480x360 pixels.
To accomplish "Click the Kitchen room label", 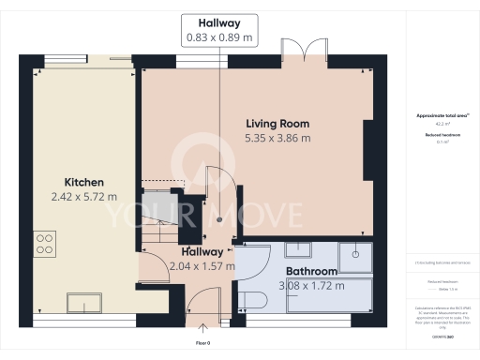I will click(x=82, y=182).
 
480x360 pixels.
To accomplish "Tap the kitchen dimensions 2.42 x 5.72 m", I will click(x=82, y=197).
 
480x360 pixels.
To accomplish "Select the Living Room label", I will click(x=277, y=124).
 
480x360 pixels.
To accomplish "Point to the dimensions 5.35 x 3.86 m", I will click(x=277, y=139).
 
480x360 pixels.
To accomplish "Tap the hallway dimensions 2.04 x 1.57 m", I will click(x=197, y=266).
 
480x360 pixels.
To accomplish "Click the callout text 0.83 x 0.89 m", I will click(x=219, y=37).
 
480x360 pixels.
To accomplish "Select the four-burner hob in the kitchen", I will click(x=44, y=244).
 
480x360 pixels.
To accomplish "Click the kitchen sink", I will click(x=89, y=304).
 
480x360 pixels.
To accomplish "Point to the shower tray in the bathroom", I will click(x=356, y=251).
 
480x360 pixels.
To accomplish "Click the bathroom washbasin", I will click(x=297, y=248).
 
